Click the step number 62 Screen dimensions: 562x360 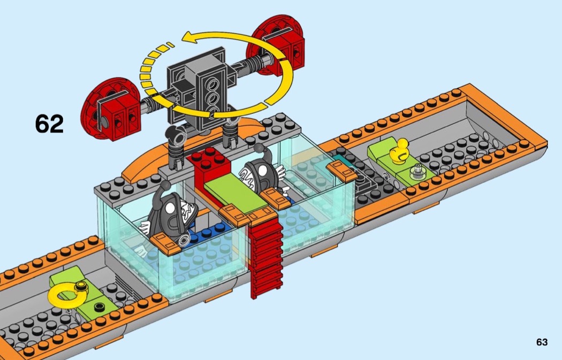pyautogui.click(x=49, y=124)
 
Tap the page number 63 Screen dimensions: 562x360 pyautogui.click(x=542, y=342)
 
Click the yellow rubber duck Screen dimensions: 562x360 pyautogui.click(x=399, y=151)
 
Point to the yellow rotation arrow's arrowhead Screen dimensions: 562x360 pyautogui.click(x=190, y=37)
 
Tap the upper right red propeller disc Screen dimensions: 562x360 pyautogui.click(x=278, y=45)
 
